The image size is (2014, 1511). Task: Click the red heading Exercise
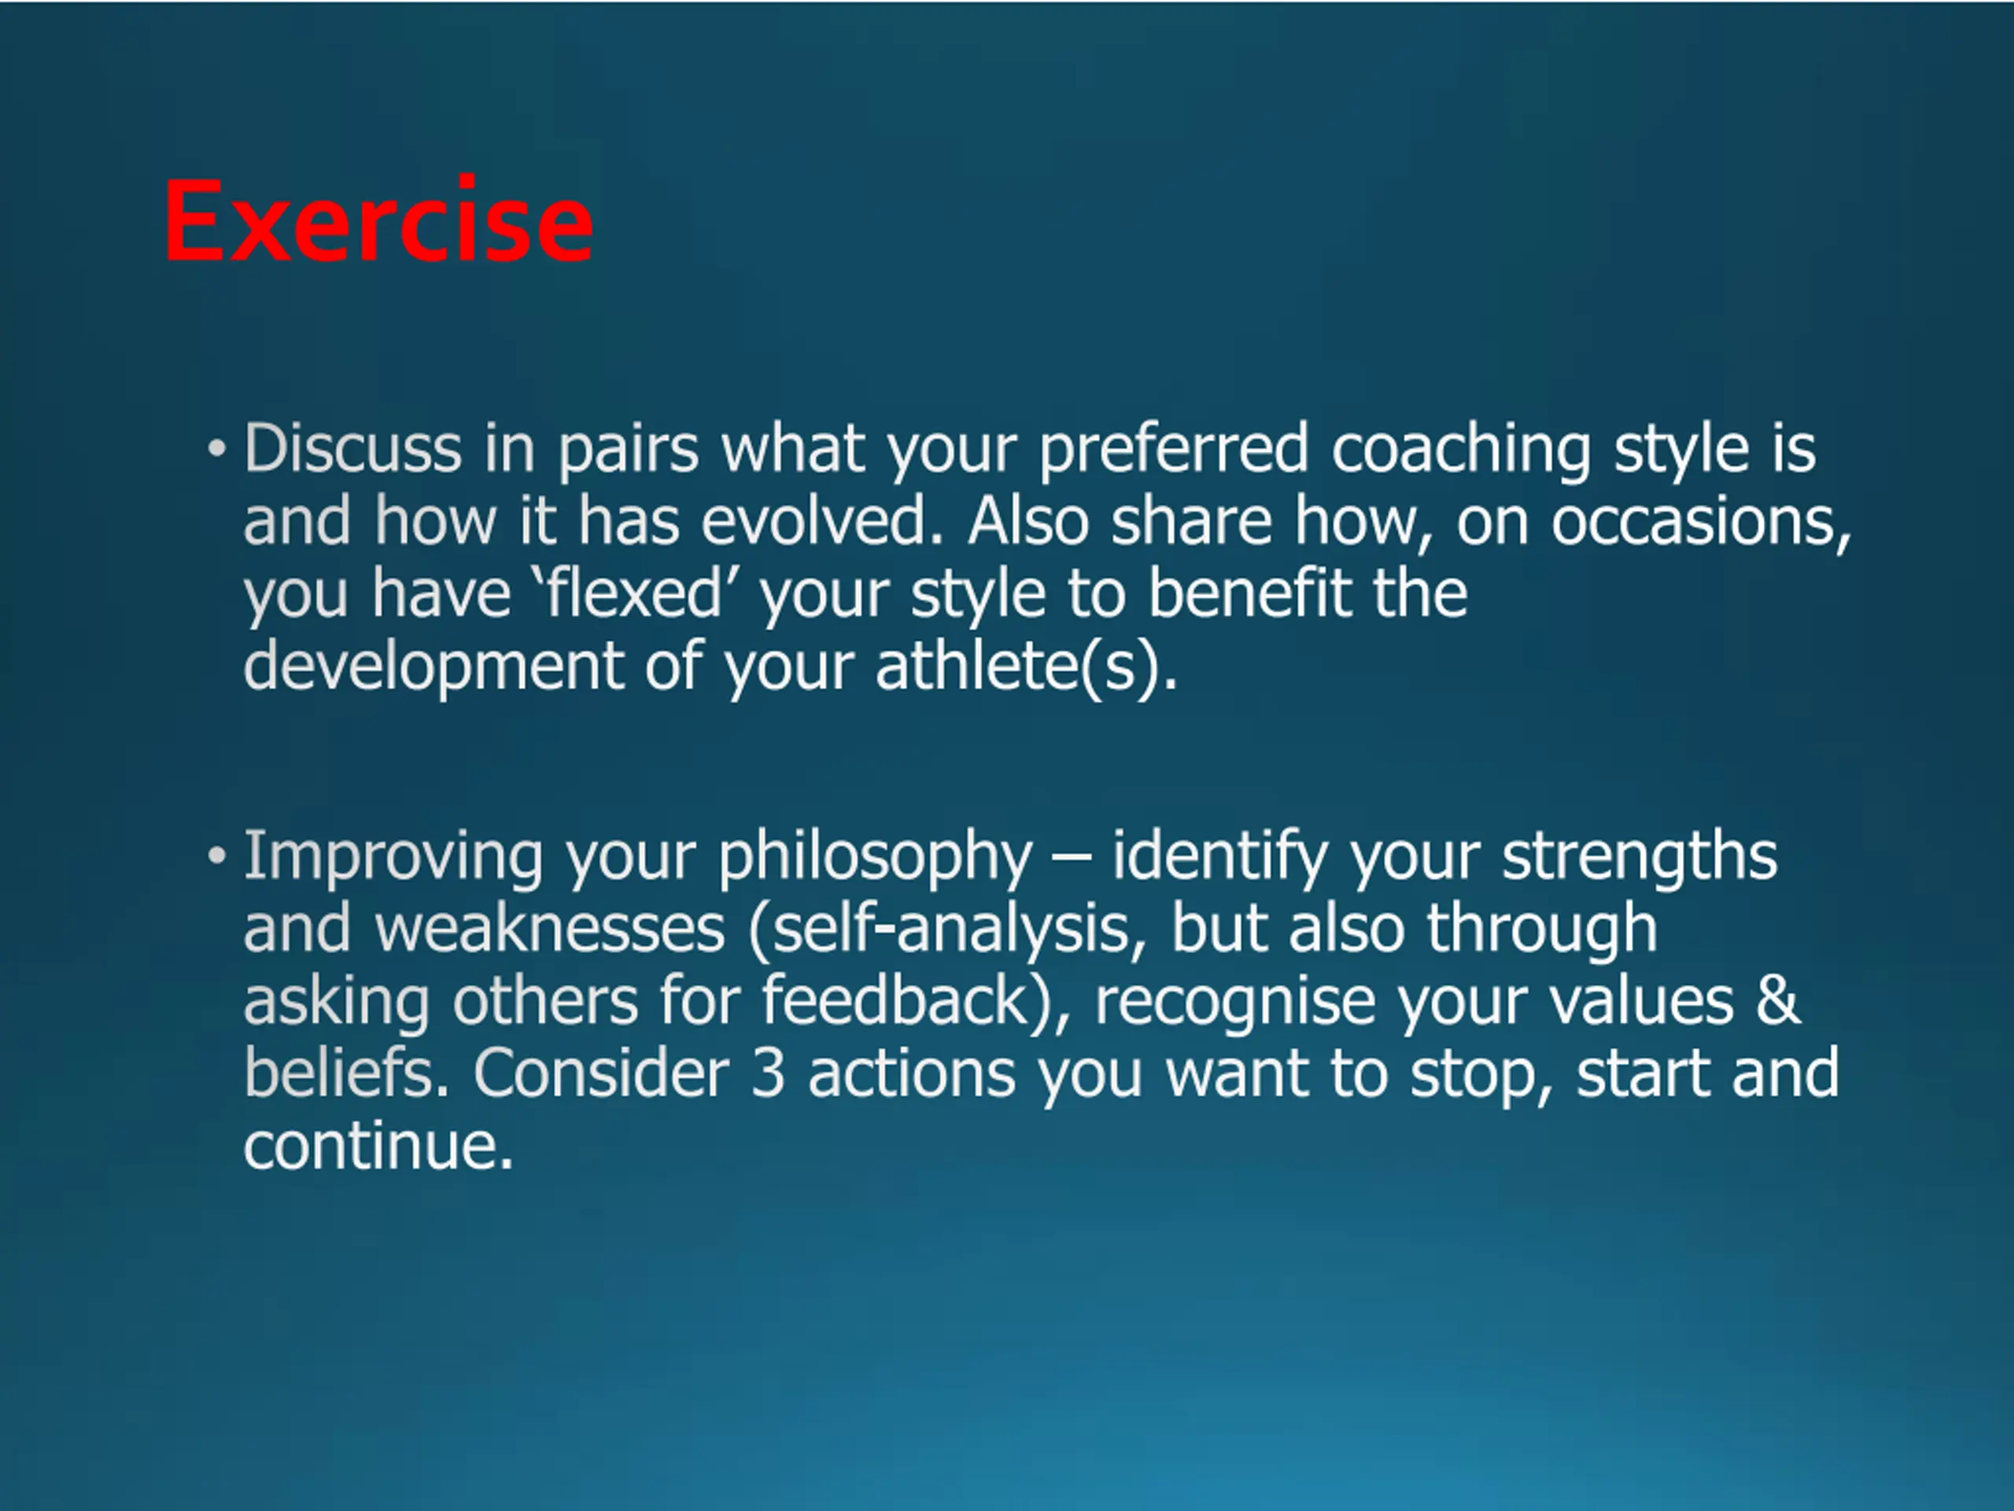pyautogui.click(x=378, y=221)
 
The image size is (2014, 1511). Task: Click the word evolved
pyautogui.click(x=822, y=521)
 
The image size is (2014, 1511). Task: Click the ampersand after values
pyautogui.click(x=1778, y=1001)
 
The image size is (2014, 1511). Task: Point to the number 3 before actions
pyautogui.click(x=769, y=1073)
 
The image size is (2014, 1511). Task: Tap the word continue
pyautogui.click(x=378, y=1146)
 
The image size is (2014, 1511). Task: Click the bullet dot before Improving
pyautogui.click(x=216, y=856)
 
